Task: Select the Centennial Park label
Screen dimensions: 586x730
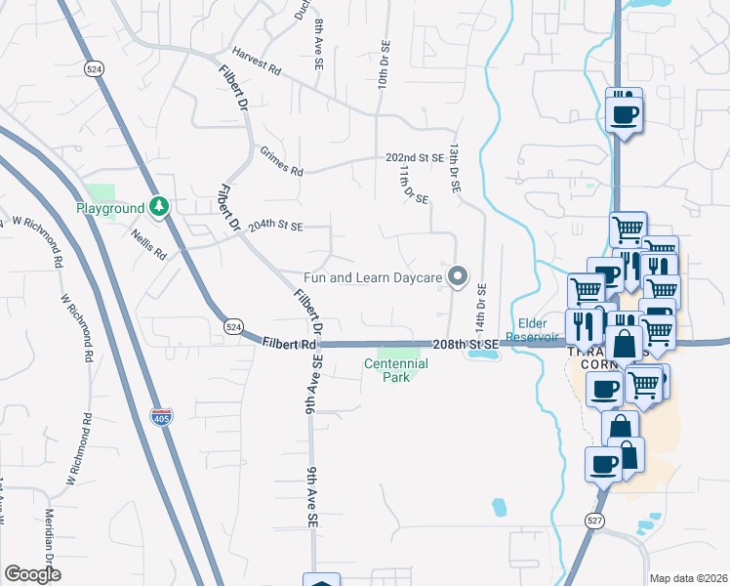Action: point(396,369)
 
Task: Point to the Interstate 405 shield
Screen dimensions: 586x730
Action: point(162,416)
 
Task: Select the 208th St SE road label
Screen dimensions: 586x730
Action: point(466,344)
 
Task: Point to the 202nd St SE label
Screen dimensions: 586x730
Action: point(415,157)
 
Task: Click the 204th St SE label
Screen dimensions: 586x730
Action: point(275,226)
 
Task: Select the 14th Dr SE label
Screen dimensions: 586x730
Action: point(480,304)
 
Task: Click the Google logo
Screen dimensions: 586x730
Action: point(32,574)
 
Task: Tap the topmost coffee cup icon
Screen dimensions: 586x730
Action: point(624,114)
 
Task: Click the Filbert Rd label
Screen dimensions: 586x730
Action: point(290,343)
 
